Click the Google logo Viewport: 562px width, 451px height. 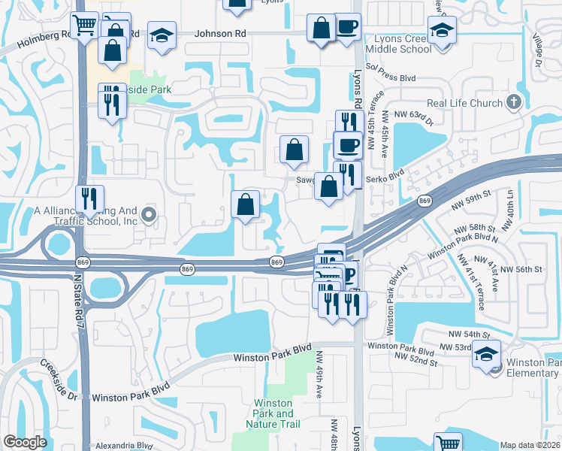click(x=25, y=442)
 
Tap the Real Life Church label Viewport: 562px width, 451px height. click(x=465, y=104)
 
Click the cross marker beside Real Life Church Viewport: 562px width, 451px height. click(x=514, y=102)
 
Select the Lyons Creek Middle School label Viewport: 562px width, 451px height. click(x=398, y=44)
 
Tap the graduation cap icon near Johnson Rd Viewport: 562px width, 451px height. click(x=162, y=35)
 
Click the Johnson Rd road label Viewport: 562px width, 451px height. click(x=220, y=34)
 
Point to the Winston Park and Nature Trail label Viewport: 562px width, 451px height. click(x=273, y=414)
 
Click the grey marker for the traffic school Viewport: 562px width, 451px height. click(x=148, y=216)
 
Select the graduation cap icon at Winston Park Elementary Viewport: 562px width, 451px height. click(x=486, y=353)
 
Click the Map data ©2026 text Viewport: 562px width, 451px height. click(x=530, y=444)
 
